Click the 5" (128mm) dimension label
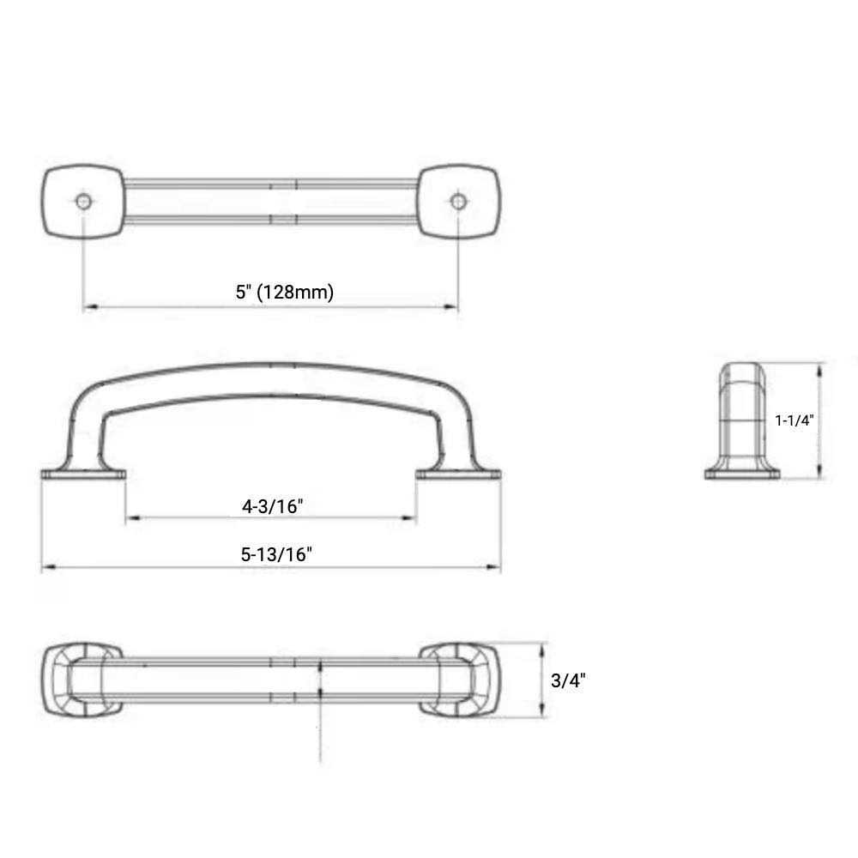[x=285, y=292]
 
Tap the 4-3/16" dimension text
[x=273, y=506]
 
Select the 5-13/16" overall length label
[x=275, y=554]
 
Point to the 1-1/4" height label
[x=794, y=420]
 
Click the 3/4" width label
[x=567, y=681]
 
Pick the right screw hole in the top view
[x=458, y=201]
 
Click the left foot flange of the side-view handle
[x=83, y=473]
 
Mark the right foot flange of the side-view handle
[x=458, y=473]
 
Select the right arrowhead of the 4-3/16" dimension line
[x=411, y=517]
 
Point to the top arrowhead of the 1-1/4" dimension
[x=822, y=368]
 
